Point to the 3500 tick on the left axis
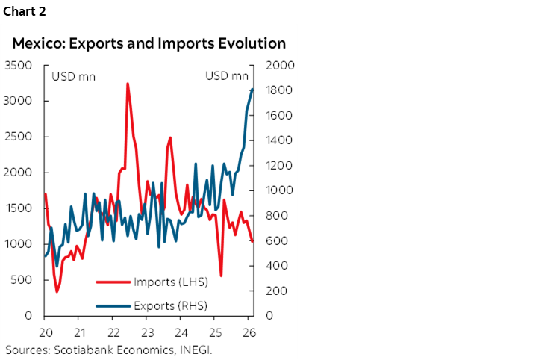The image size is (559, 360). (18, 65)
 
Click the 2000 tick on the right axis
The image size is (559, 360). (272, 65)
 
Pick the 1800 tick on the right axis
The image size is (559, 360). (272, 90)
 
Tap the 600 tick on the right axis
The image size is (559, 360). (270, 240)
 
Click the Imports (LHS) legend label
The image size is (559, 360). (170, 282)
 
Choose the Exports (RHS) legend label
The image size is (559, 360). (170, 305)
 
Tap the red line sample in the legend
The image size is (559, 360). (112, 282)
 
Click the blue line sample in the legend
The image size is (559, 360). (112, 305)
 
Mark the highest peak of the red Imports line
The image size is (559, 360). (128, 84)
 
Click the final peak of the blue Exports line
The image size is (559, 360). (252, 89)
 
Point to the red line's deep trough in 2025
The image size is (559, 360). (221, 276)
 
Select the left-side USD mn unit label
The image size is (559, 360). (72, 76)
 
